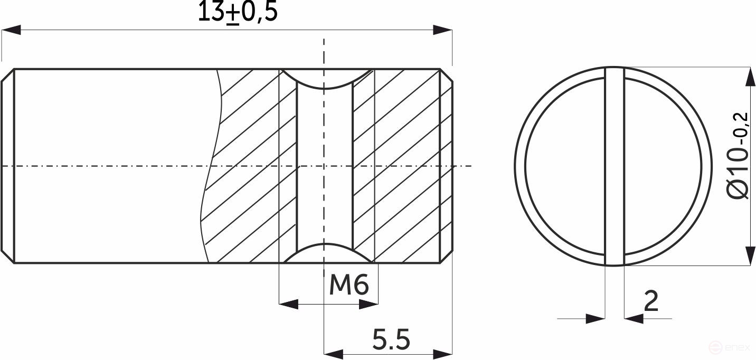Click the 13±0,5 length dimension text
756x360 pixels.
[x=237, y=12]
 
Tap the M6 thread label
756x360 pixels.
[x=348, y=286]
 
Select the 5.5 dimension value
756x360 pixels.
[x=391, y=339]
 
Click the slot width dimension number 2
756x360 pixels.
[x=651, y=301]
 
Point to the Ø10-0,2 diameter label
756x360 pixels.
[x=739, y=156]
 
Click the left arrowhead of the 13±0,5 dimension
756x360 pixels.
[x=12, y=30]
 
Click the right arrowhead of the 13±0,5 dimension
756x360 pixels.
[x=442, y=30]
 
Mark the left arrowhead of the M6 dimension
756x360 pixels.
[x=288, y=304]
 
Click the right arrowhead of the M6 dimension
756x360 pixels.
[x=368, y=304]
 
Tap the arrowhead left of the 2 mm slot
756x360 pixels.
[x=596, y=318]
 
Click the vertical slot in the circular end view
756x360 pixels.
[x=614, y=166]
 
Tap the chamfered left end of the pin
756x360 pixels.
[x=7, y=166]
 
